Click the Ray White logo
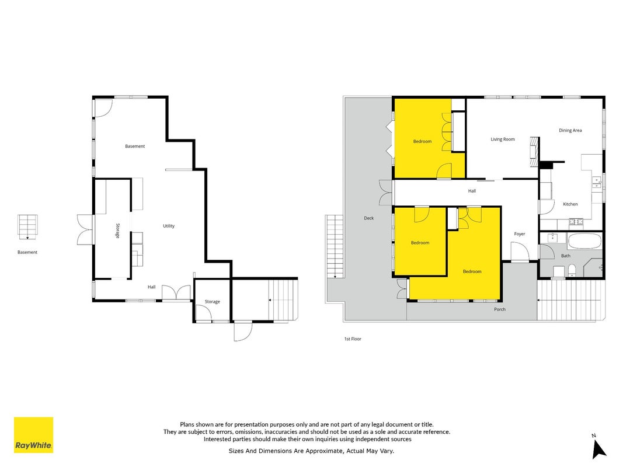pos(33,435)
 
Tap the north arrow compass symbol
pos(598,447)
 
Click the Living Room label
pos(503,140)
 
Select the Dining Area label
pos(570,130)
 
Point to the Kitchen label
pos(570,204)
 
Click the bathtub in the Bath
pos(584,241)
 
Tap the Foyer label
pos(520,234)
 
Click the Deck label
pos(368,218)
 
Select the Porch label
pos(500,309)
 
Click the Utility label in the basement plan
pos(169,226)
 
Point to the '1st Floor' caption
pos(353,339)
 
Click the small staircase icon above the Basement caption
pos(27,226)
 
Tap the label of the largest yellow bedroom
pos(472,271)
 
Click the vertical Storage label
pos(117,231)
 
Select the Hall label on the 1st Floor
pos(472,191)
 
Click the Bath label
pos(566,256)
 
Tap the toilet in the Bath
pos(572,270)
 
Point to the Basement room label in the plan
pos(135,146)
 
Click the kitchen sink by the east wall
pos(596,182)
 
